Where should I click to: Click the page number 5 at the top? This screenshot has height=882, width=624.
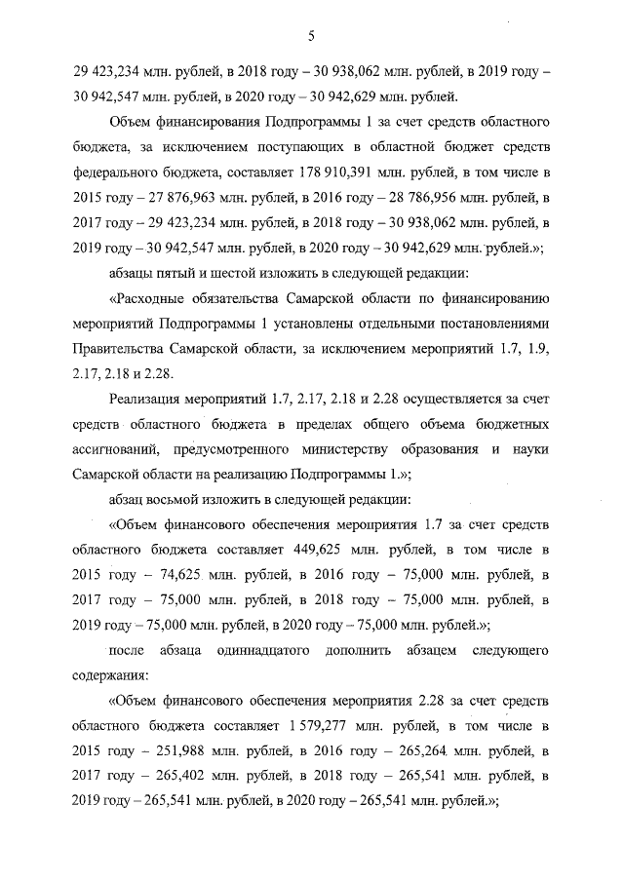click(x=310, y=37)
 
